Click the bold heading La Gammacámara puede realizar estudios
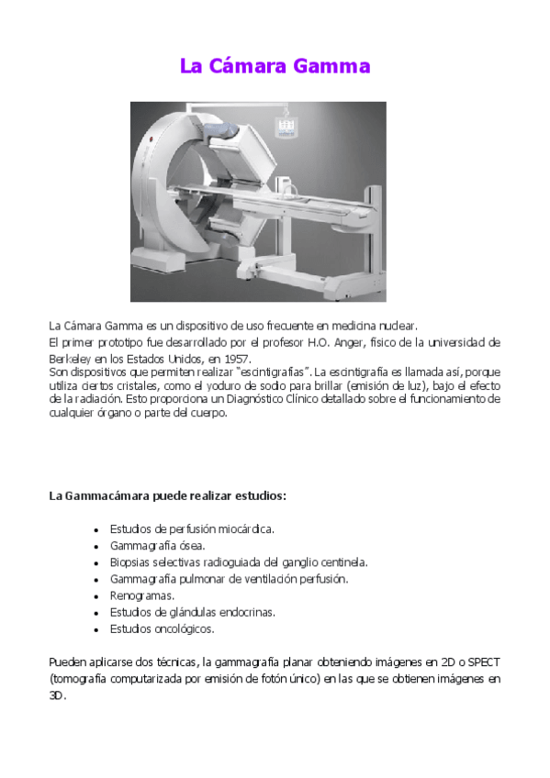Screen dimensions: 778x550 pyautogui.click(x=167, y=495)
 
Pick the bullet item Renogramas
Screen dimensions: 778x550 pyautogui.click(x=137, y=595)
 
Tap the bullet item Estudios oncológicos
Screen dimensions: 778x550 pyautogui.click(x=162, y=628)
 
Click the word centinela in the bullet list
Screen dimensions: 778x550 pyautogui.click(x=342, y=562)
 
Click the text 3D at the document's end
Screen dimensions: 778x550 pyautogui.click(x=56, y=695)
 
